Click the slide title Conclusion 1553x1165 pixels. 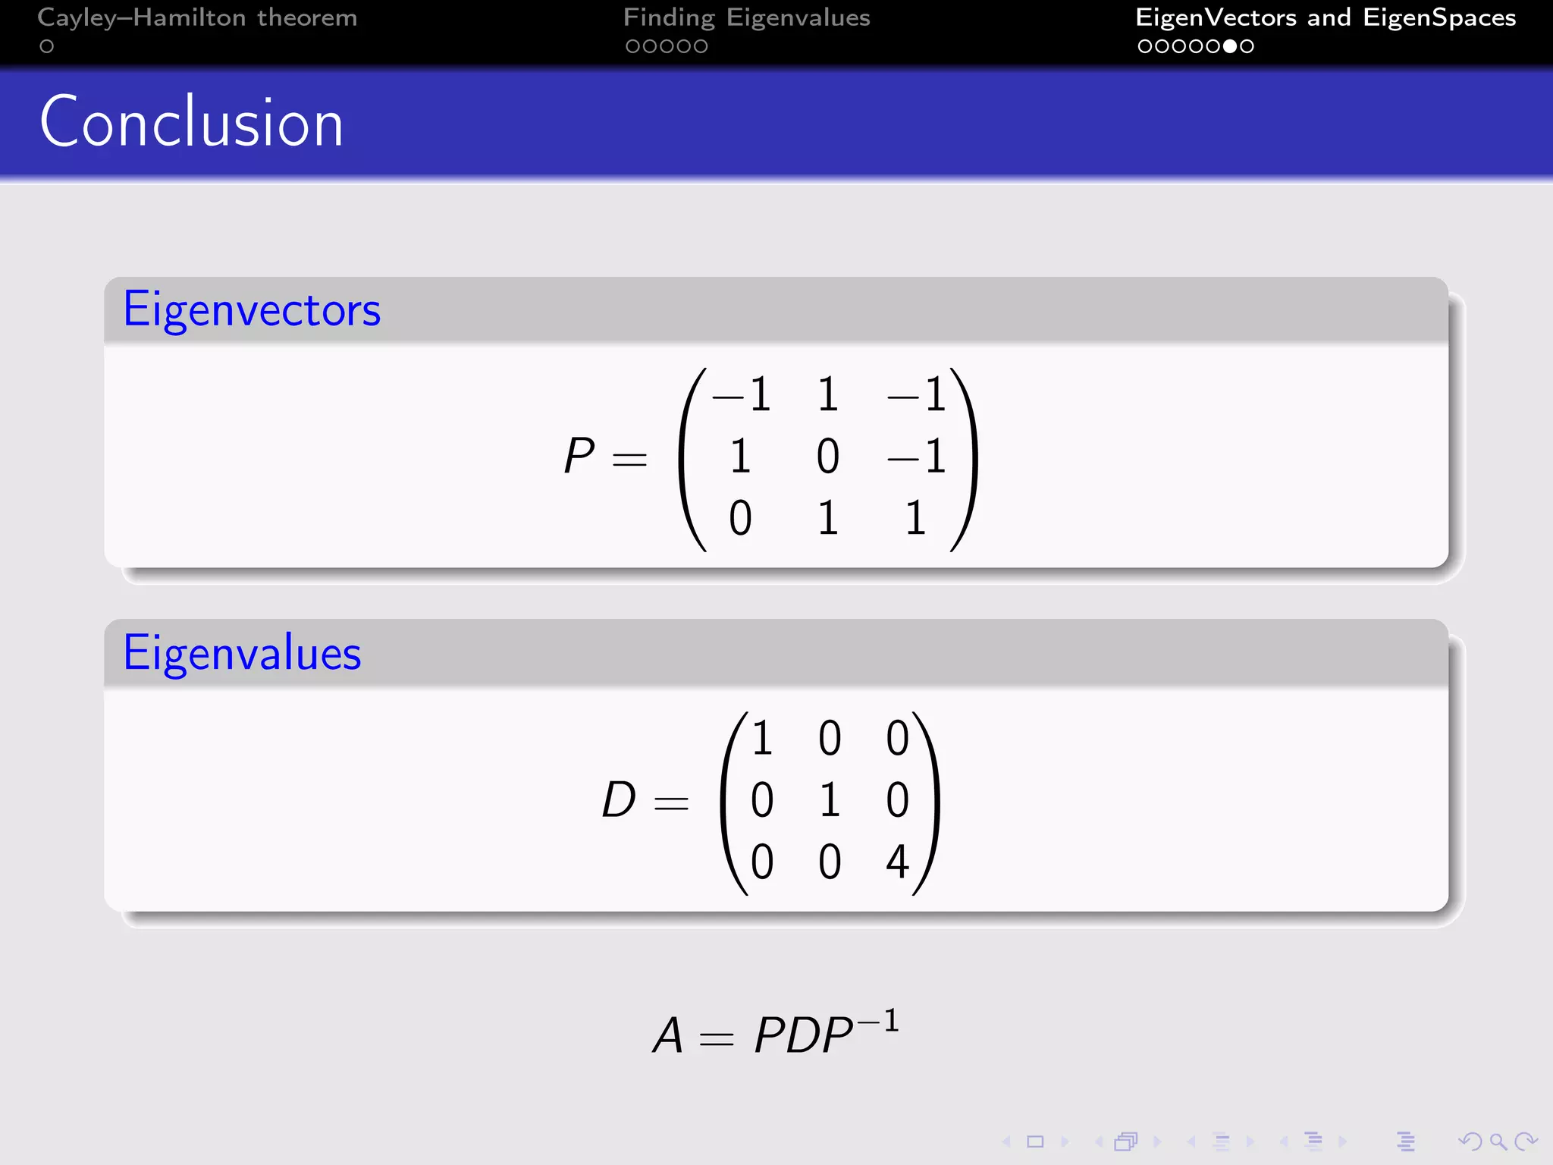[191, 123]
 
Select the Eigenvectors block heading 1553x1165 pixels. [252, 309]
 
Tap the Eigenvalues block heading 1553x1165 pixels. [242, 653]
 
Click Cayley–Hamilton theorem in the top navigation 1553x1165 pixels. [197, 17]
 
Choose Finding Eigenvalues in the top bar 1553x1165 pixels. [746, 17]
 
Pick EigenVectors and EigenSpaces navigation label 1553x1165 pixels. [1325, 17]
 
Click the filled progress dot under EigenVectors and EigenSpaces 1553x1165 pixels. [1230, 46]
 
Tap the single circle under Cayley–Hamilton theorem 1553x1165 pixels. [47, 46]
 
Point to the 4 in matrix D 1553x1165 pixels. [897, 862]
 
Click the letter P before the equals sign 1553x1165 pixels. [579, 457]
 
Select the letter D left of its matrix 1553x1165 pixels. [619, 800]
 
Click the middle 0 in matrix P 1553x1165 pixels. [827, 457]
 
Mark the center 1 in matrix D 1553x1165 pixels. [830, 800]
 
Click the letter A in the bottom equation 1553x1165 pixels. [668, 1036]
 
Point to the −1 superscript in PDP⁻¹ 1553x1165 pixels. [878, 1022]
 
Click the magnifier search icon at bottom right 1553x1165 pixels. [1498, 1141]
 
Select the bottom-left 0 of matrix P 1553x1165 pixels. [740, 519]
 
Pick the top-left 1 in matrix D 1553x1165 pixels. [762, 738]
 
